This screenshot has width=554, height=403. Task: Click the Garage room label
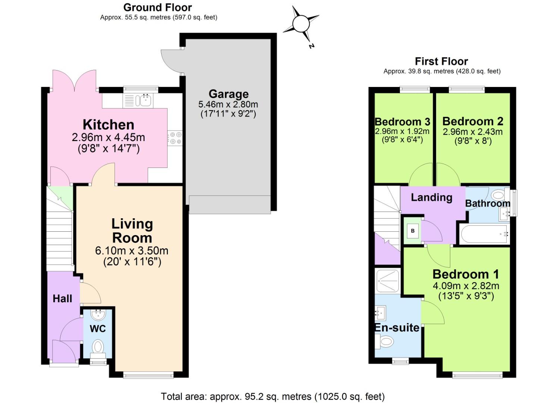(228, 94)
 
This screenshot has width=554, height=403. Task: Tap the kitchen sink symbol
(143, 100)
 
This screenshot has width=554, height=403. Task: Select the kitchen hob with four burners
(174, 138)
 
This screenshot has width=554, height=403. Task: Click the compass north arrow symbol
(301, 24)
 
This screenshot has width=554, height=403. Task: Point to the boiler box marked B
(413, 231)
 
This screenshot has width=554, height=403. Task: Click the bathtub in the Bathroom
(484, 234)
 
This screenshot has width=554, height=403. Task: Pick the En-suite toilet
(385, 341)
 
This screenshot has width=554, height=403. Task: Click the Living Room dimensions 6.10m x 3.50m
(132, 250)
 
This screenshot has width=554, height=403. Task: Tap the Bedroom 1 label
(466, 274)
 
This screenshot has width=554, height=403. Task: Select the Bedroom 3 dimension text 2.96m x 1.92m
(402, 131)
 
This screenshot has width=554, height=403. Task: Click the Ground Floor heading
(157, 7)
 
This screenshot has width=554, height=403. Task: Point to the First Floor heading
(441, 61)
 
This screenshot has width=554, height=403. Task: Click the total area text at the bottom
(272, 396)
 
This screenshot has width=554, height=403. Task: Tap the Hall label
(62, 299)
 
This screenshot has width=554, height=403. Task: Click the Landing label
(431, 197)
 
